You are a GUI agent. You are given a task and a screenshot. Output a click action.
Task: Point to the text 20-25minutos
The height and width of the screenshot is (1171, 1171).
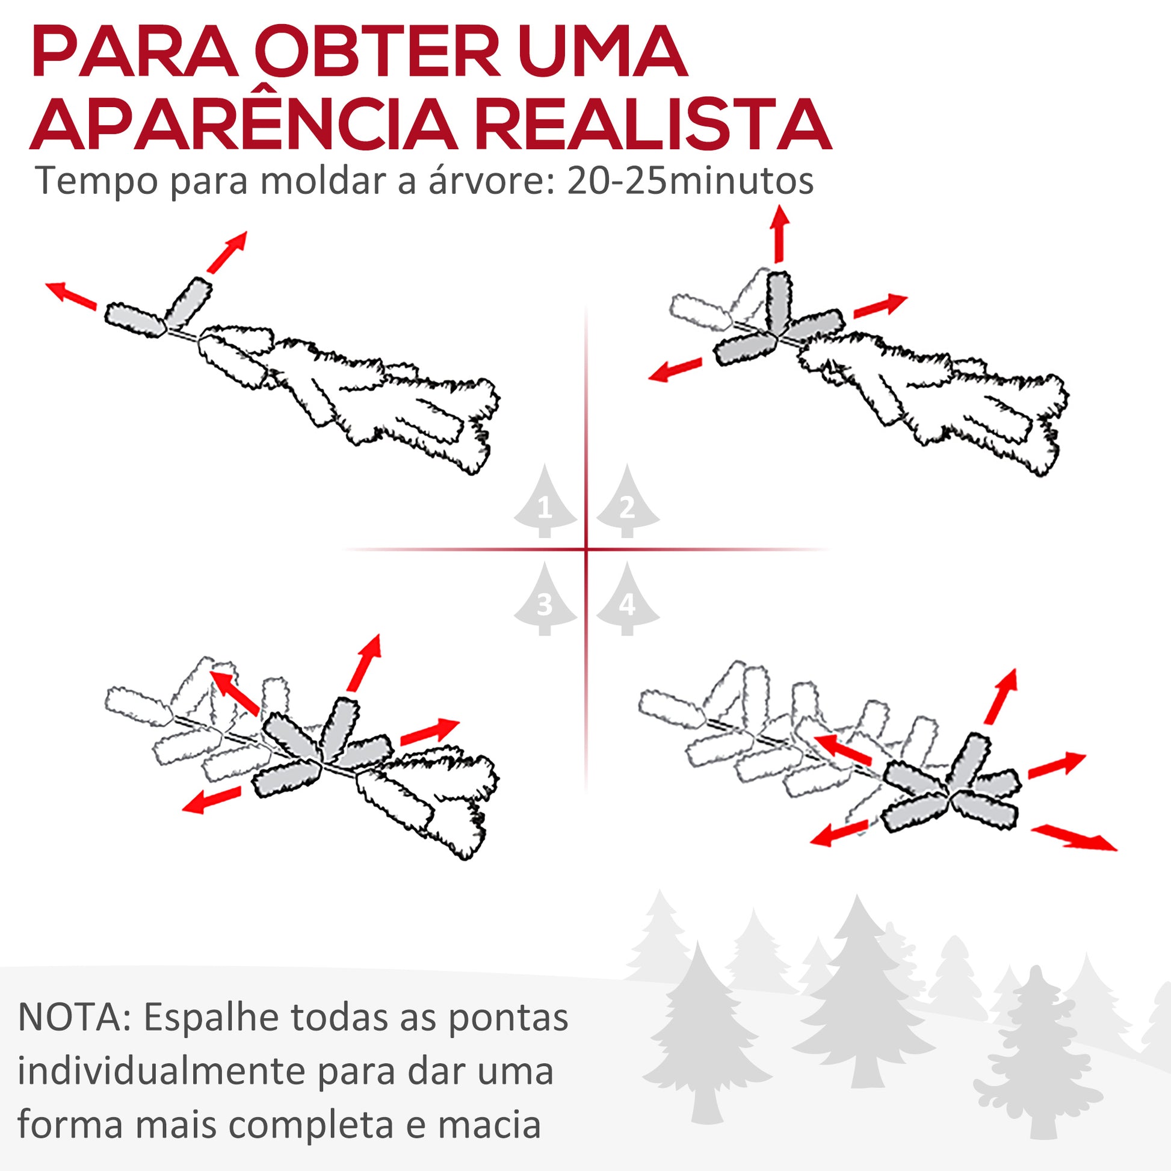(690, 181)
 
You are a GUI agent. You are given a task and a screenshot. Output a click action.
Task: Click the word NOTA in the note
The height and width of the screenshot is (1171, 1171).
(74, 1018)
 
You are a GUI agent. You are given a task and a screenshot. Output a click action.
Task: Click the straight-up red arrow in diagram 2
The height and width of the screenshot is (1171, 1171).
(779, 235)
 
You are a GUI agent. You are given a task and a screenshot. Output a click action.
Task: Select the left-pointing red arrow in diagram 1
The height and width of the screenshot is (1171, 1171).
(72, 295)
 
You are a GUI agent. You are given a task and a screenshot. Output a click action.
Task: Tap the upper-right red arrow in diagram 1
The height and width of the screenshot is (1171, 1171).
(227, 252)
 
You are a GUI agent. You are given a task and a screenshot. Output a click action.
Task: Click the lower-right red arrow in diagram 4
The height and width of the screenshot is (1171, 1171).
(1074, 838)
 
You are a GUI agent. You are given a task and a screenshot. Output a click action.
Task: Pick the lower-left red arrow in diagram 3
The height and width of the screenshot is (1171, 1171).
(212, 799)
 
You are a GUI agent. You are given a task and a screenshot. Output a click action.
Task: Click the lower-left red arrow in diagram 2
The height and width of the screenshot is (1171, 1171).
(675, 369)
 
